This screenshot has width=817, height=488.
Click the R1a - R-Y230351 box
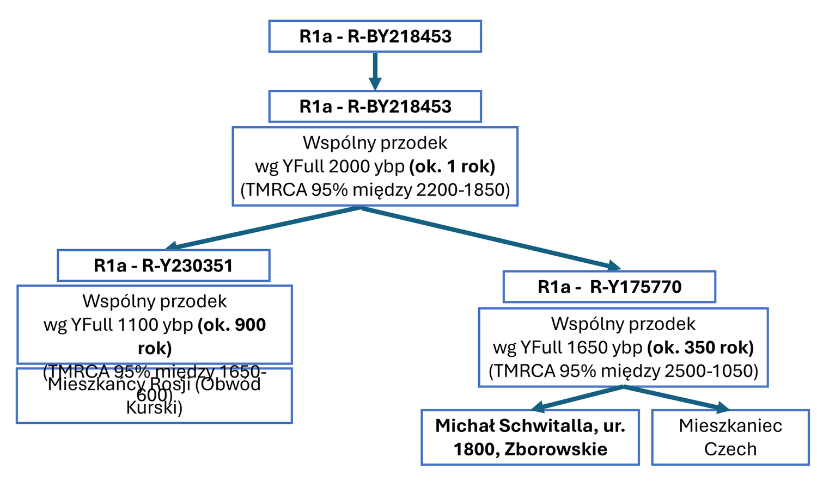[x=163, y=265]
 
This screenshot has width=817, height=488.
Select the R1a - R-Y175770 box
[x=609, y=287]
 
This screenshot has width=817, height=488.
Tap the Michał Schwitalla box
[x=530, y=437]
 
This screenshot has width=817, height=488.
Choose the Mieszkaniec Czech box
[x=730, y=437]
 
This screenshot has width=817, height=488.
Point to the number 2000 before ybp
[x=349, y=166]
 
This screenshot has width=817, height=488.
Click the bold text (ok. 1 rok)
[x=452, y=166]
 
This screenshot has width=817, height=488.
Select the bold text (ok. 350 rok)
[x=700, y=347]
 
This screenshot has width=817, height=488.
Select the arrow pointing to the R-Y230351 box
[x=261, y=228]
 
